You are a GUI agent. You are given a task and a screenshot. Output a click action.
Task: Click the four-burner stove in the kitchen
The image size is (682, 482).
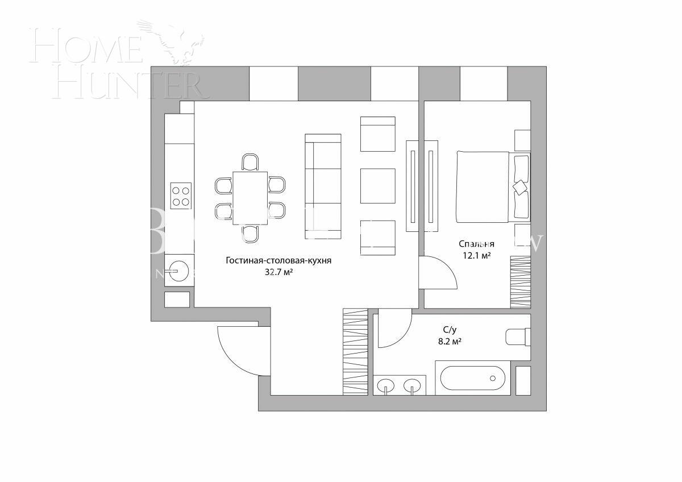pos(181,196)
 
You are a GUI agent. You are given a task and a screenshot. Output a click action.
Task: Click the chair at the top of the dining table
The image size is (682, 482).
pos(250,162)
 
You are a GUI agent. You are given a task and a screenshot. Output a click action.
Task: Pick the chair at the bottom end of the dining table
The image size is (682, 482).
pos(250,233)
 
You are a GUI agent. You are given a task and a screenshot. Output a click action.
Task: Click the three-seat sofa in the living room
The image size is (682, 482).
pos(323,186)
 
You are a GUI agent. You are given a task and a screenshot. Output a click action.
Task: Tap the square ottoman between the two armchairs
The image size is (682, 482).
pos(378,185)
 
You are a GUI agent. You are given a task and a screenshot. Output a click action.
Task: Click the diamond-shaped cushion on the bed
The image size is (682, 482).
pos(520,186)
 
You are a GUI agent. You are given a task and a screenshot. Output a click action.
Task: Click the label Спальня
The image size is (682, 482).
pos(476,244)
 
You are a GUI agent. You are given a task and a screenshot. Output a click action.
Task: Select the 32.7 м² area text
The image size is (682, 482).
pos(278,273)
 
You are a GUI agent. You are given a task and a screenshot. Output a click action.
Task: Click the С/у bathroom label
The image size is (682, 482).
pos(450,329)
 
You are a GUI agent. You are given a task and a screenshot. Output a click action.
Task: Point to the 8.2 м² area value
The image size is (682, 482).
pos(449,342)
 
